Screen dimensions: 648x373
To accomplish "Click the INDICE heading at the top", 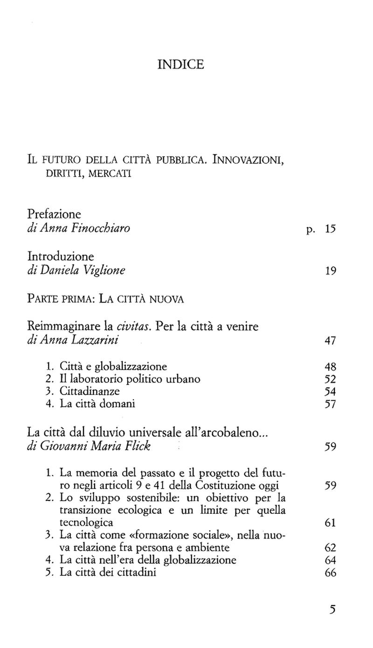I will [181, 64].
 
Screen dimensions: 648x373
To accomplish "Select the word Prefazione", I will [54, 215].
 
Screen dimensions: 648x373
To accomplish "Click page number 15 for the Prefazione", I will [330, 229].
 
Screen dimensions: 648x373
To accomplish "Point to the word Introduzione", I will [61, 257].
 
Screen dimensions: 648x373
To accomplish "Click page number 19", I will [330, 271].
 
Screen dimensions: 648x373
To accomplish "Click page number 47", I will [330, 341].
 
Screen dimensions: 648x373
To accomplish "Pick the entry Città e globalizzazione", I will [113, 366].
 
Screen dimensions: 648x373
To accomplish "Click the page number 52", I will [330, 379].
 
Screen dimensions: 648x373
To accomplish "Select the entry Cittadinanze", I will [90, 391].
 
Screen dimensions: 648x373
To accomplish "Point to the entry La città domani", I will [97, 403].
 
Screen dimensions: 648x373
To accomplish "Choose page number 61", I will [330, 522].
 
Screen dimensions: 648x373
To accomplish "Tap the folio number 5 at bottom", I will [332, 610].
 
